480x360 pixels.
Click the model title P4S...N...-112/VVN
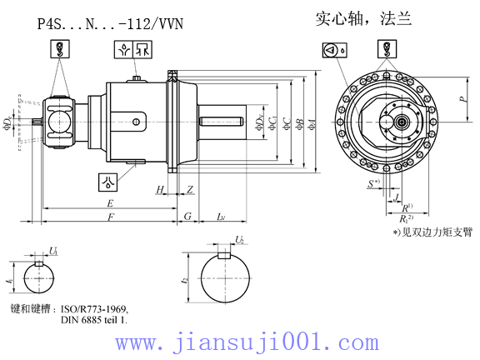110,26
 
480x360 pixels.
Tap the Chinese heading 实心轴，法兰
362,18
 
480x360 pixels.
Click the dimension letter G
187,217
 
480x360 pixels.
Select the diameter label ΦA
312,124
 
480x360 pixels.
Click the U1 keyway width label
53,250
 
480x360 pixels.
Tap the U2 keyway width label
239,239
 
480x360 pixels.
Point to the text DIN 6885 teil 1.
93,319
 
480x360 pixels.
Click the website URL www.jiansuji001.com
247,342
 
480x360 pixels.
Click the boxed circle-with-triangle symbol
330,51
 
